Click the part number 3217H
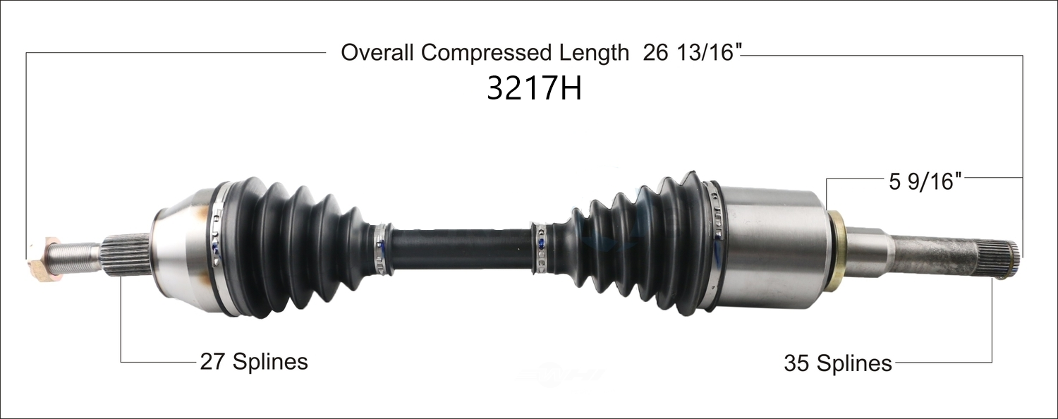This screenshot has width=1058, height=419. pyautogui.click(x=534, y=88)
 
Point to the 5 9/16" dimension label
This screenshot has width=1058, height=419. pyautogui.click(x=925, y=181)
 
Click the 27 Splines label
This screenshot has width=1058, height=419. pyautogui.click(x=254, y=362)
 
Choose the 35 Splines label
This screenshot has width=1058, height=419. pyautogui.click(x=838, y=363)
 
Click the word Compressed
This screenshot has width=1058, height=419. pyautogui.click(x=487, y=54)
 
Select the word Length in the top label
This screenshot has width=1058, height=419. pyautogui.click(x=594, y=54)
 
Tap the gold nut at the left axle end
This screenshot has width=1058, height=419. pyautogui.click(x=42, y=259)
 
